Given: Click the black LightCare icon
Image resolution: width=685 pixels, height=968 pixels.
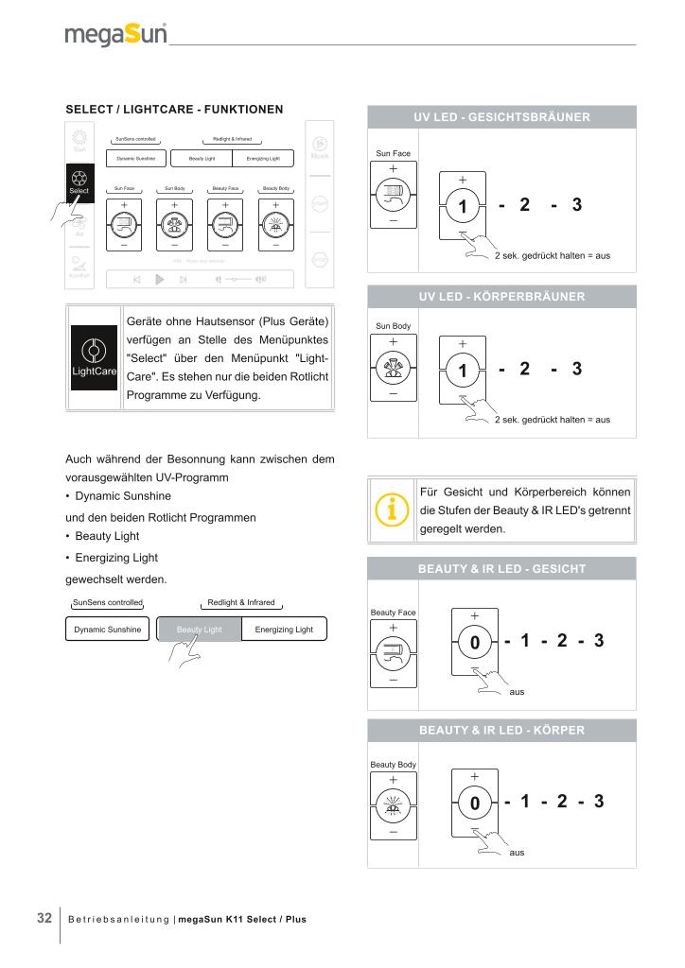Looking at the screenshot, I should point(94,357).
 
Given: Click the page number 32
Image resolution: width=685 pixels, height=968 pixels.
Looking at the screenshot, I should point(44,918).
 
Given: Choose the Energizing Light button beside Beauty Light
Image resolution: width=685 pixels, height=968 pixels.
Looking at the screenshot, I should point(277,630).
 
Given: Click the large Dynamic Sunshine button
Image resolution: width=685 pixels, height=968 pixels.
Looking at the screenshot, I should point(108,630).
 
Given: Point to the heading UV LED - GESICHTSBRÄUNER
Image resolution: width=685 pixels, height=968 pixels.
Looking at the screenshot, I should point(501,117).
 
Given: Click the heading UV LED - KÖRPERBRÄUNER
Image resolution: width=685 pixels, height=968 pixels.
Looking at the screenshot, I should point(501,297).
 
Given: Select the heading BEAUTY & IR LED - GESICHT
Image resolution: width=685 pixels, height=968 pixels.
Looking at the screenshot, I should point(501,569).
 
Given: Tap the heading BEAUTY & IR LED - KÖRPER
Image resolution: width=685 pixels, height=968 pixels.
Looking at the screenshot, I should point(501,731).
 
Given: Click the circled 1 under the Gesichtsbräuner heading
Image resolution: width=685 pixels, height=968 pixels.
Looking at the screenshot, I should point(463,206).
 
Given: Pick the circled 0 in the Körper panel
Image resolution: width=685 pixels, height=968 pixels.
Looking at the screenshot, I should point(475,804).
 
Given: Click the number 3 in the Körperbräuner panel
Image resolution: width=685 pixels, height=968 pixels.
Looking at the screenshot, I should point(576,369).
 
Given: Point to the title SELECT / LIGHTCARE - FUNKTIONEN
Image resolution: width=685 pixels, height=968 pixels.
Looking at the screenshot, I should point(174,110).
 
